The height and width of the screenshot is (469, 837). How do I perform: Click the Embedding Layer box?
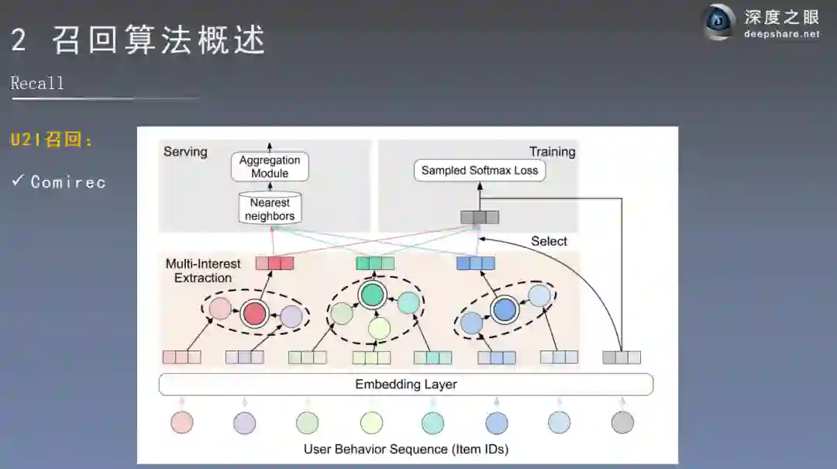click(406, 385)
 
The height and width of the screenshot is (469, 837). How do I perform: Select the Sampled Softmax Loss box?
click(479, 171)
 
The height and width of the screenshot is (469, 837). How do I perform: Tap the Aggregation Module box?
click(270, 167)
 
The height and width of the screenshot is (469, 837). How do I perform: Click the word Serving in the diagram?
click(185, 152)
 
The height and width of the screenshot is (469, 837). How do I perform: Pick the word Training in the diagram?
click(552, 152)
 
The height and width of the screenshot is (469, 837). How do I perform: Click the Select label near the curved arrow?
click(549, 241)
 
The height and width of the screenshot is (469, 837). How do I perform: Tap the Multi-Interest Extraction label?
click(203, 271)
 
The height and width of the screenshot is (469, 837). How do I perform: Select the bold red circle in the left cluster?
click(253, 314)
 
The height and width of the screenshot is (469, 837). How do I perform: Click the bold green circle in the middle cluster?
click(373, 295)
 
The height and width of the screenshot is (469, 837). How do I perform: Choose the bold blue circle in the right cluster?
click(505, 310)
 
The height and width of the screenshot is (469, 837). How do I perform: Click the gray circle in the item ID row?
click(622, 422)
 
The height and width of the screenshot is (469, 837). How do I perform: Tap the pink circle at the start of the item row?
click(182, 422)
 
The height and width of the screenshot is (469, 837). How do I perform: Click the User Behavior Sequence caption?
click(406, 449)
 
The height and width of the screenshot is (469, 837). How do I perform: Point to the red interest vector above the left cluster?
click(275, 264)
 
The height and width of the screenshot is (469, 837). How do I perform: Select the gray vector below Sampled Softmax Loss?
click(480, 217)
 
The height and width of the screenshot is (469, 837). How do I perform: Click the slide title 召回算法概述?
click(159, 40)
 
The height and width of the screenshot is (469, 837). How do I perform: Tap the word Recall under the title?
click(37, 83)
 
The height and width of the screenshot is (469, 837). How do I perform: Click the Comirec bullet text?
click(68, 182)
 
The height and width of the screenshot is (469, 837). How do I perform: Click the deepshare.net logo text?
click(781, 34)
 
